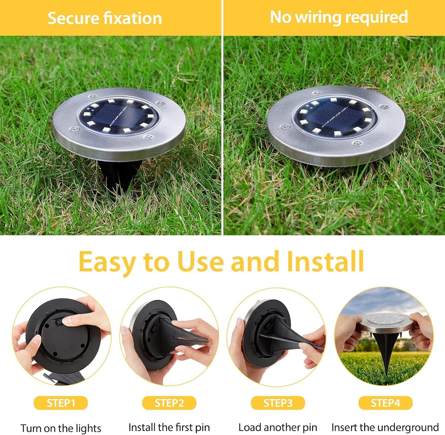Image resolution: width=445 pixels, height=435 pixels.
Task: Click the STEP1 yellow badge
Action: click(61, 403)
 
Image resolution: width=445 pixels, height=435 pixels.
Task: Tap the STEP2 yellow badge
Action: click(169, 403)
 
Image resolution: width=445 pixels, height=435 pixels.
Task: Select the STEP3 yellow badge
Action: click(278, 403)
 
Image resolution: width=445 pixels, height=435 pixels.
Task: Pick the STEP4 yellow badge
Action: click(385, 403)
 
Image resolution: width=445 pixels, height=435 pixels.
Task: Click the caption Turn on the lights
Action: click(61, 428)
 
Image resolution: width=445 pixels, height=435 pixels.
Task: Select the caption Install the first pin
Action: click(169, 427)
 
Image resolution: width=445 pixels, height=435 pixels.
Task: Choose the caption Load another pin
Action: click(278, 427)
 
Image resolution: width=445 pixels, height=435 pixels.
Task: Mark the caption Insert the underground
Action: click(385, 427)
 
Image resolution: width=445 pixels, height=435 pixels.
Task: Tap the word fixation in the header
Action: click(132, 18)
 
